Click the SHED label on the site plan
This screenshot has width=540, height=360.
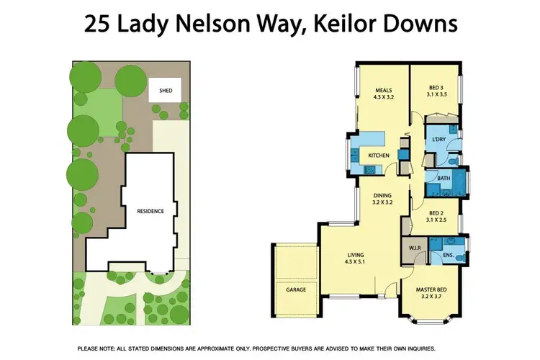pyautogui.click(x=166, y=91)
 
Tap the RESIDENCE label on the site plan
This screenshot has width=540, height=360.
pyautogui.click(x=151, y=211)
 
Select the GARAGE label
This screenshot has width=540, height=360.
pyautogui.click(x=295, y=289)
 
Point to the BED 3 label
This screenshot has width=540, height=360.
pyautogui.click(x=437, y=86)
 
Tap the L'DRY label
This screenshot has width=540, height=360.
pyautogui.click(x=439, y=139)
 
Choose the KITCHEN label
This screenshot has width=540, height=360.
pyautogui.click(x=379, y=156)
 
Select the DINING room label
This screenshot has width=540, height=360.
pyautogui.click(x=382, y=195)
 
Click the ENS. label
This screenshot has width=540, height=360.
pyautogui.click(x=449, y=254)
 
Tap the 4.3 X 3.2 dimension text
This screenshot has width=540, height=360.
pyautogui.click(x=382, y=97)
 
